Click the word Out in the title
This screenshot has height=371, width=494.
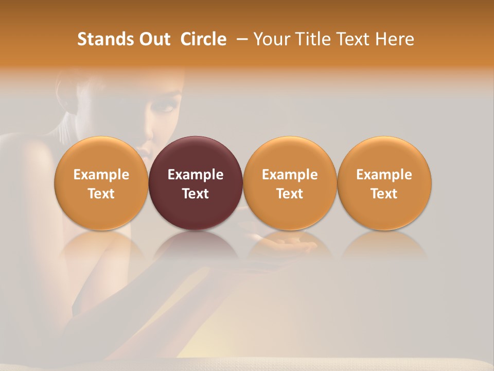pyautogui.click(x=155, y=39)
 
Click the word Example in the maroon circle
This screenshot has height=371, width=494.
pyautogui.click(x=196, y=175)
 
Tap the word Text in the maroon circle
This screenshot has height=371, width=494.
pyautogui.click(x=196, y=194)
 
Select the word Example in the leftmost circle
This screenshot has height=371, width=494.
pyautogui.click(x=101, y=175)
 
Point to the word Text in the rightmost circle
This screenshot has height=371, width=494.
pyautogui.click(x=384, y=194)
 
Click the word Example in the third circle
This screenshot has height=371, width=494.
pyautogui.click(x=290, y=175)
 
